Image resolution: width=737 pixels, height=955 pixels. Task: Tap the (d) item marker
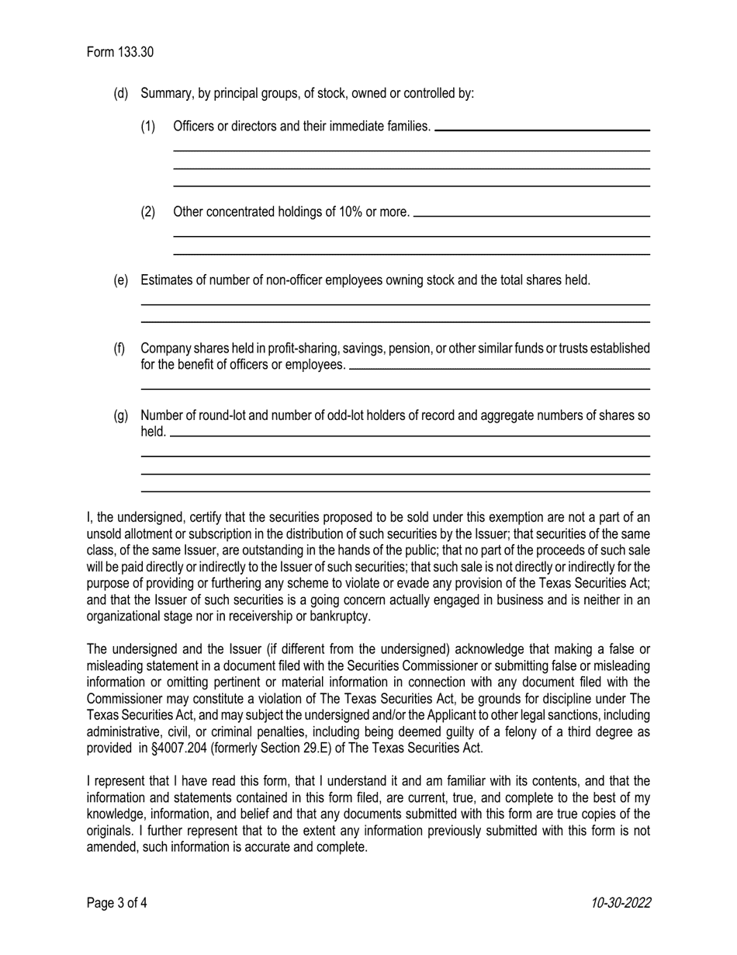pyautogui.click(x=121, y=93)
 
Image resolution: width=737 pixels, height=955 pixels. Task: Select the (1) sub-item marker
pyautogui.click(x=148, y=126)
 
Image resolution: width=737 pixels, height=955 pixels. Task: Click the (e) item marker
pyautogui.click(x=121, y=280)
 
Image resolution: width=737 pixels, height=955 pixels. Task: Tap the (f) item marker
pyautogui.click(x=120, y=348)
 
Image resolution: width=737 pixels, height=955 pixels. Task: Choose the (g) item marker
pyautogui.click(x=121, y=415)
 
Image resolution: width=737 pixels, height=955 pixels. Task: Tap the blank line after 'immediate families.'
pyautogui.click(x=542, y=130)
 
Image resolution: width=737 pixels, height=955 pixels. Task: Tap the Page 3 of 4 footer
pyautogui.click(x=117, y=902)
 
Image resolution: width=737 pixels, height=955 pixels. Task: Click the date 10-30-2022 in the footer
pyautogui.click(x=620, y=902)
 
